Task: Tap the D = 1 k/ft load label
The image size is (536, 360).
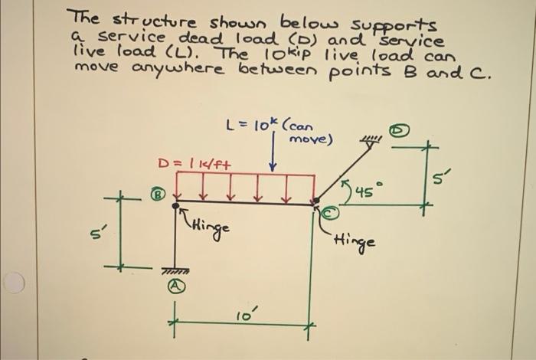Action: click(x=194, y=162)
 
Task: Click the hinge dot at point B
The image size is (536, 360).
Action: click(x=177, y=204)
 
